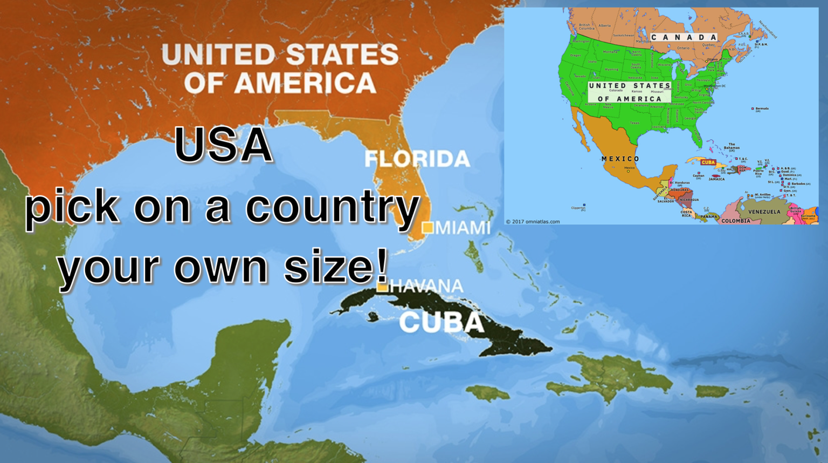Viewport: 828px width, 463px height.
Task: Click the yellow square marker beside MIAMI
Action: coord(427,227)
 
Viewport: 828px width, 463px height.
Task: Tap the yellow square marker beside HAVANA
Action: coord(382,287)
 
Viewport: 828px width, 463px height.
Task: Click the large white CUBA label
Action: coord(441,322)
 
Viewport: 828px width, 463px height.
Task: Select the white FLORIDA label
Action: coord(417,159)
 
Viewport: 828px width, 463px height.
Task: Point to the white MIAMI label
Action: coord(463,228)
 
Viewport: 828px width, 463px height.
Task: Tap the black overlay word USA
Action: coord(223,145)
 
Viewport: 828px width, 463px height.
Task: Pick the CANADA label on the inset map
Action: coord(684,37)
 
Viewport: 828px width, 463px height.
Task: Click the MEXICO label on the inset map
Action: coord(620,159)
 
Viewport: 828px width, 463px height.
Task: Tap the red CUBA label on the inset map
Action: coord(708,162)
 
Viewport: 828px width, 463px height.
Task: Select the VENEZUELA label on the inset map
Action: coord(764,212)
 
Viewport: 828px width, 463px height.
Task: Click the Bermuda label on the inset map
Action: coord(761,108)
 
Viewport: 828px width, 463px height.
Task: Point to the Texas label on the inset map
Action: coord(634,123)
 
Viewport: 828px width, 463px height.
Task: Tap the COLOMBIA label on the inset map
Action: coord(736,221)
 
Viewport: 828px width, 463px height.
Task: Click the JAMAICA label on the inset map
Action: coord(716,179)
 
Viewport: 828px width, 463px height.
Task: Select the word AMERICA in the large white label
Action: coord(305,83)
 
